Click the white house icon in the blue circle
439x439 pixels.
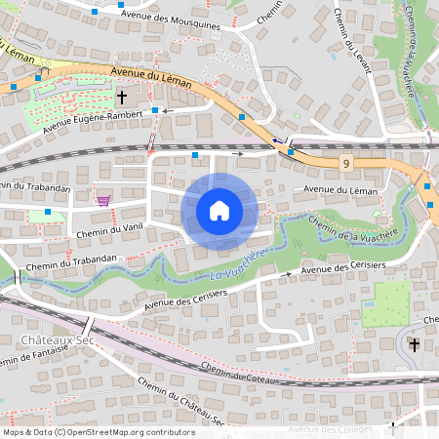click(x=219, y=211)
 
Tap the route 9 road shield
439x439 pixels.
click(x=346, y=161)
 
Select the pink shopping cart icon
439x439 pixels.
click(x=103, y=201)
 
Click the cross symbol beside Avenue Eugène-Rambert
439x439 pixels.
click(x=122, y=98)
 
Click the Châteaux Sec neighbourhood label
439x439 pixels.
click(x=50, y=339)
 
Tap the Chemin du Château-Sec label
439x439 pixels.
click(x=181, y=401)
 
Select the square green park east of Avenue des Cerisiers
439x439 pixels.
click(x=386, y=303)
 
